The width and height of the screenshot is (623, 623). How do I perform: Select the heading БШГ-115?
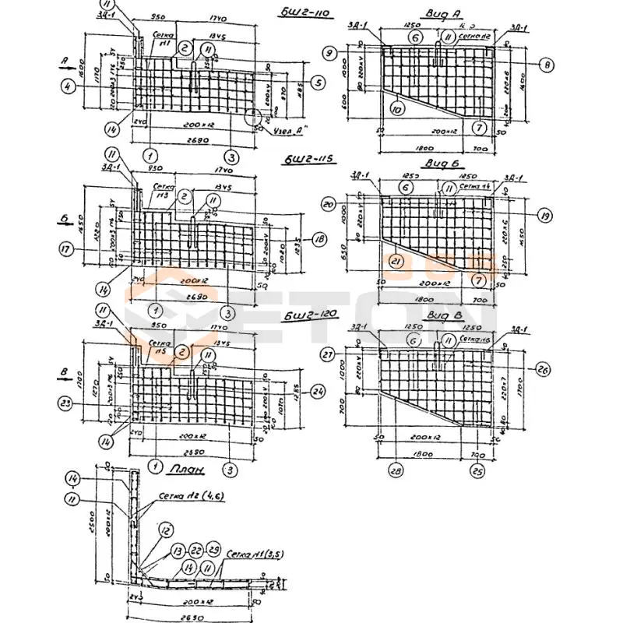click(310, 160)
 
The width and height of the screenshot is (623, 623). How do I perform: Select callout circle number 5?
click(317, 82)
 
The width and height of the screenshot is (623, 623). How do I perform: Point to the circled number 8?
click(547, 65)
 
